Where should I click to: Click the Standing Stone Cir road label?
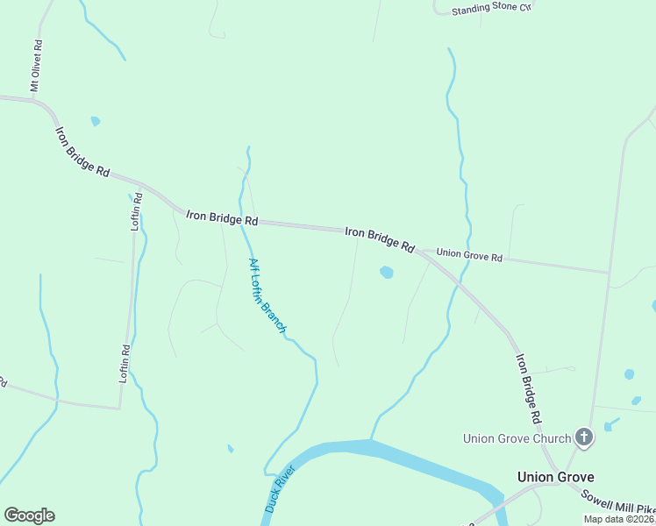point(492,10)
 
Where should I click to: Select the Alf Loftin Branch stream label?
point(267,296)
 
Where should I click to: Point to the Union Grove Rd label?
point(469,256)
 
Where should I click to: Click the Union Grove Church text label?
point(517,437)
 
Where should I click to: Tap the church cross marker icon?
point(584,437)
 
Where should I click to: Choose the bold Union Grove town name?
point(555,477)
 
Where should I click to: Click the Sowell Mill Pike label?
point(618,501)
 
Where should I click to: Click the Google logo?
point(29,515)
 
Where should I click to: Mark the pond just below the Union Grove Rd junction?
point(386,273)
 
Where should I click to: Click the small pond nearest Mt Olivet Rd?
point(95,121)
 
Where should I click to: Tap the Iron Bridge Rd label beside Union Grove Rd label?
point(379,239)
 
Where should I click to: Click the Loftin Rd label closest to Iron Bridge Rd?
point(137,211)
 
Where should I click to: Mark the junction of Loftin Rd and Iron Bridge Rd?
point(141,185)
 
